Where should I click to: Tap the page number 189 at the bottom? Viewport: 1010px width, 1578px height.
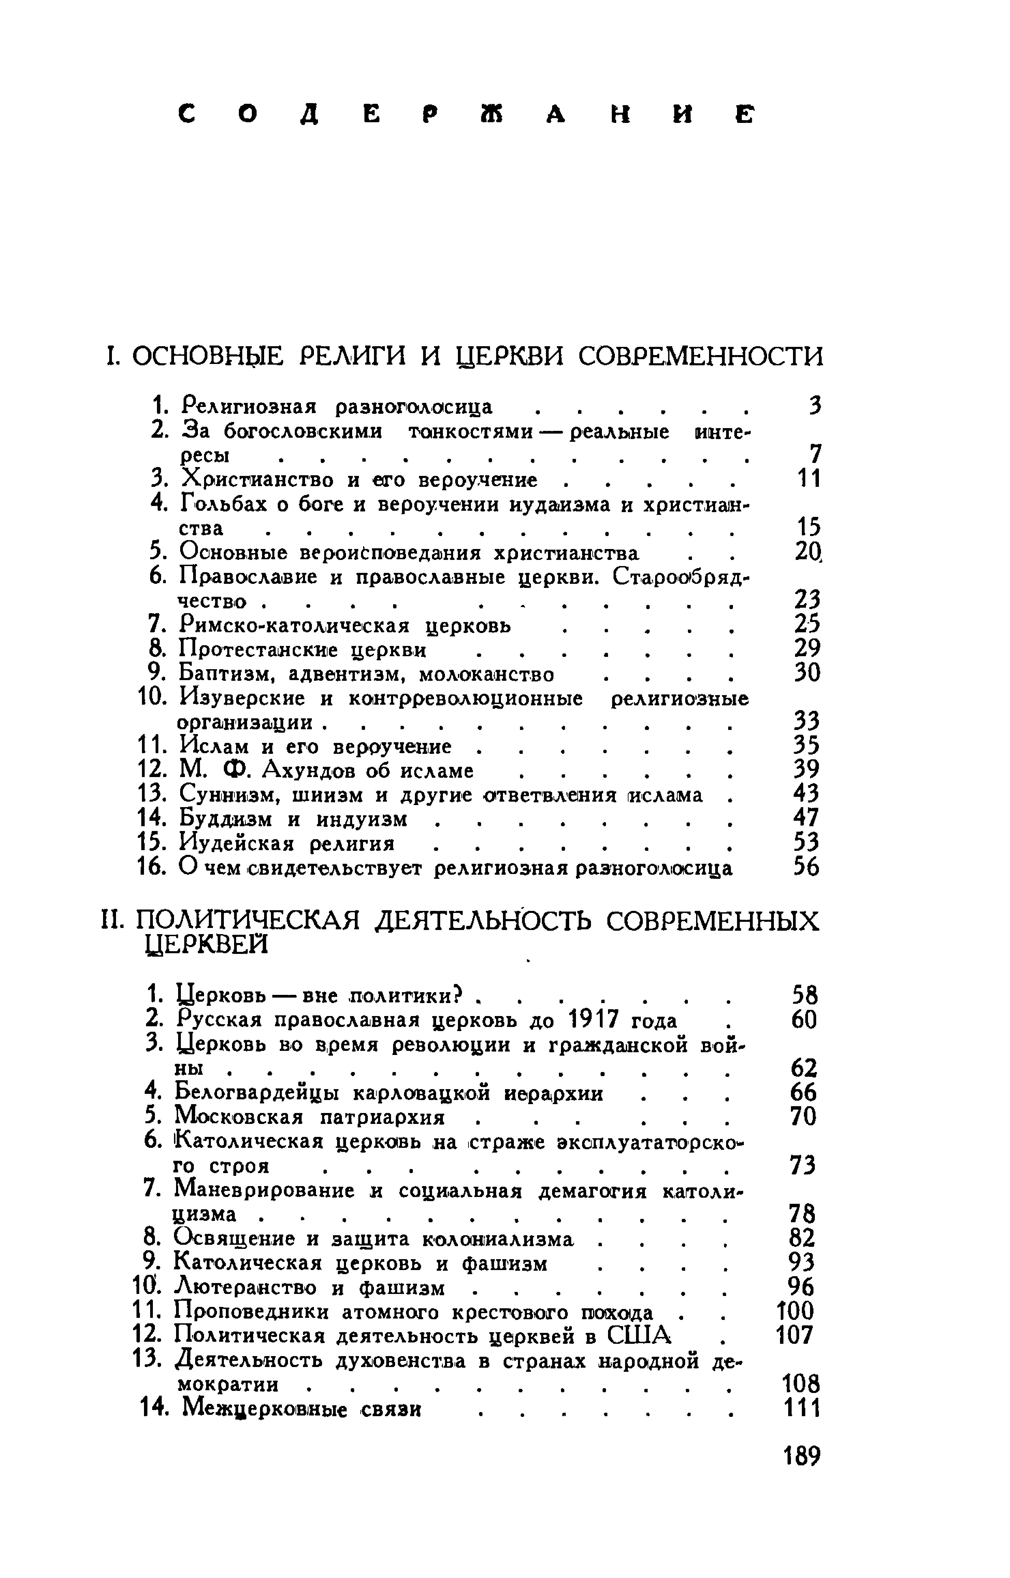point(802,1456)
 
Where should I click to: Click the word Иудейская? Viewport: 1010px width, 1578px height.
point(237,843)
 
